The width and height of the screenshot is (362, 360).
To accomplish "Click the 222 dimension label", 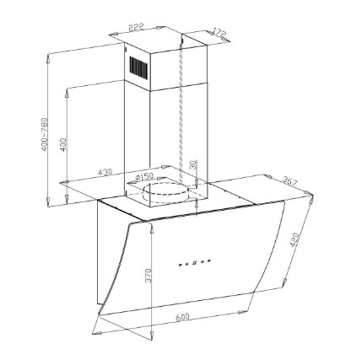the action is click(136, 27).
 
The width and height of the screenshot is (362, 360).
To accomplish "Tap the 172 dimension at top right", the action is click(219, 33).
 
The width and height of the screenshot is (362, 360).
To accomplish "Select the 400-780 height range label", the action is click(45, 135).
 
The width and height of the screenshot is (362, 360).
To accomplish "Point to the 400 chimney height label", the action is click(64, 145).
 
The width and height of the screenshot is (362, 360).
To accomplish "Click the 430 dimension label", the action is click(105, 172).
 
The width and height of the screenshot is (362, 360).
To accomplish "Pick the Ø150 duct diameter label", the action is click(144, 177).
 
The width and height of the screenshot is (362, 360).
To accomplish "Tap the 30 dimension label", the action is click(194, 164).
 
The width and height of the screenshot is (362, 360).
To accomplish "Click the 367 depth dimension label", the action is click(289, 180).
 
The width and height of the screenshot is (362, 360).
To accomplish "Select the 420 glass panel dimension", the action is click(294, 239).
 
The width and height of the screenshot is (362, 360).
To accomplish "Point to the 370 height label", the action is click(149, 276).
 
